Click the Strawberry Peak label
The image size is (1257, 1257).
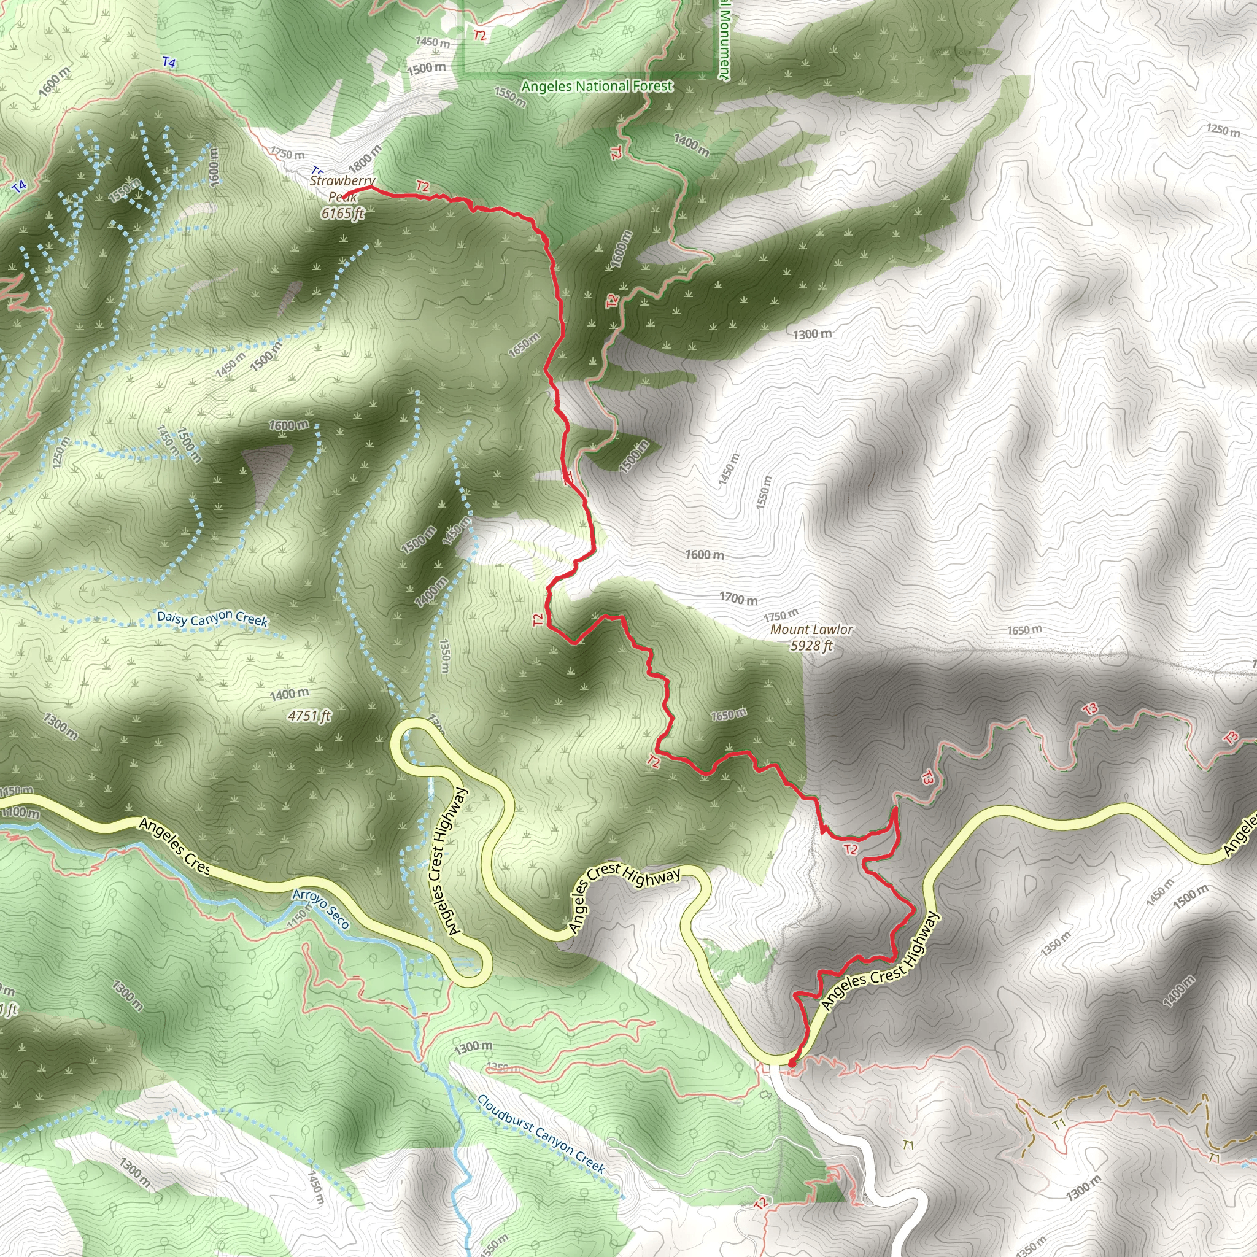(x=342, y=188)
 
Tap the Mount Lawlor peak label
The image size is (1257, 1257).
(x=811, y=629)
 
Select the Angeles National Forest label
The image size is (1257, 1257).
(x=597, y=86)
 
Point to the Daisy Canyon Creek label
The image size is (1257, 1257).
(x=212, y=618)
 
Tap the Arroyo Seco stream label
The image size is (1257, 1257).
(x=321, y=909)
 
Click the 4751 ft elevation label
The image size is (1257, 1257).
(x=310, y=716)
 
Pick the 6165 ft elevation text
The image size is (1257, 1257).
(x=343, y=213)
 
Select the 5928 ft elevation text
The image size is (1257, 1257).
(x=811, y=646)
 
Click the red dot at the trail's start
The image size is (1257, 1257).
(x=792, y=1063)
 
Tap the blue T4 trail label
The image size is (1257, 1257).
(x=169, y=63)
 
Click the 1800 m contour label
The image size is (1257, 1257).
(x=365, y=158)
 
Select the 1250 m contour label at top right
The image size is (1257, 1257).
(x=1223, y=130)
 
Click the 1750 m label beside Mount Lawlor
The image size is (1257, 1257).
(x=781, y=615)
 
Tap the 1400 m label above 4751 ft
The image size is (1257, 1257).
(x=290, y=694)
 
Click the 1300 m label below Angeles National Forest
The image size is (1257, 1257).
(x=812, y=335)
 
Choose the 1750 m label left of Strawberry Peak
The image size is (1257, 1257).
(x=287, y=154)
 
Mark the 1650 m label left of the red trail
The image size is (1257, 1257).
(x=524, y=344)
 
